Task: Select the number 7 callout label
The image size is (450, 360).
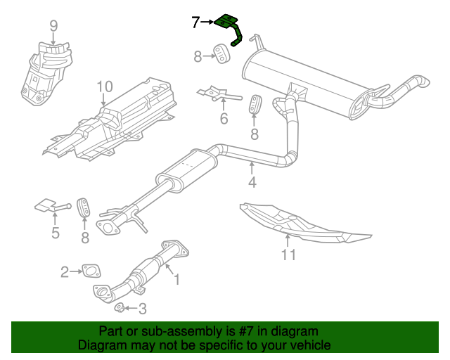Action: (195, 22)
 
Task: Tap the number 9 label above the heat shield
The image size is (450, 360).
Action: (53, 27)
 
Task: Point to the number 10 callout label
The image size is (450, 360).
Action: (104, 86)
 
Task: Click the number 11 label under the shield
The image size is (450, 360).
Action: (289, 255)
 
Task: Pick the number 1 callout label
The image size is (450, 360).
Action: (176, 280)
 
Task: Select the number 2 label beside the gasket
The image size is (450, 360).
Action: (65, 271)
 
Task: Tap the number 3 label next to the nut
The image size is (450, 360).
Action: (142, 308)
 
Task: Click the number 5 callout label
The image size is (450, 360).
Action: (55, 233)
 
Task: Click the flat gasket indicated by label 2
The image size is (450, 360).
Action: (91, 271)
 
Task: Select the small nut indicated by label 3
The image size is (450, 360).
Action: (120, 307)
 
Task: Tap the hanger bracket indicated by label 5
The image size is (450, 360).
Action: (47, 206)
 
